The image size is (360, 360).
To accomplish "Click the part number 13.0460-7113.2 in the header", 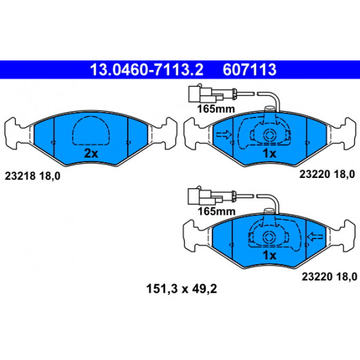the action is click(x=147, y=70).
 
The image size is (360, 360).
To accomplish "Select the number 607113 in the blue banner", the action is click(x=249, y=70).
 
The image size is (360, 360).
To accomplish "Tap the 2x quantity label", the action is click(x=91, y=154).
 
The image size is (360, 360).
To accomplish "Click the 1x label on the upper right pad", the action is click(x=270, y=154).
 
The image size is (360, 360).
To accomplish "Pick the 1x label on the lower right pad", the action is click(x=270, y=255).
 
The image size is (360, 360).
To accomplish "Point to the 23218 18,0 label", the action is click(x=33, y=176).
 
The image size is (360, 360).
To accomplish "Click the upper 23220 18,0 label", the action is click(x=327, y=175).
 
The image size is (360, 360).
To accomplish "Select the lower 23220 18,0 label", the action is click(x=329, y=276).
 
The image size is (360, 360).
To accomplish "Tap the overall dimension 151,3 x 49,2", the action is click(x=181, y=289).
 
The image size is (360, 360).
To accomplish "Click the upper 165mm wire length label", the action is click(x=216, y=109).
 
